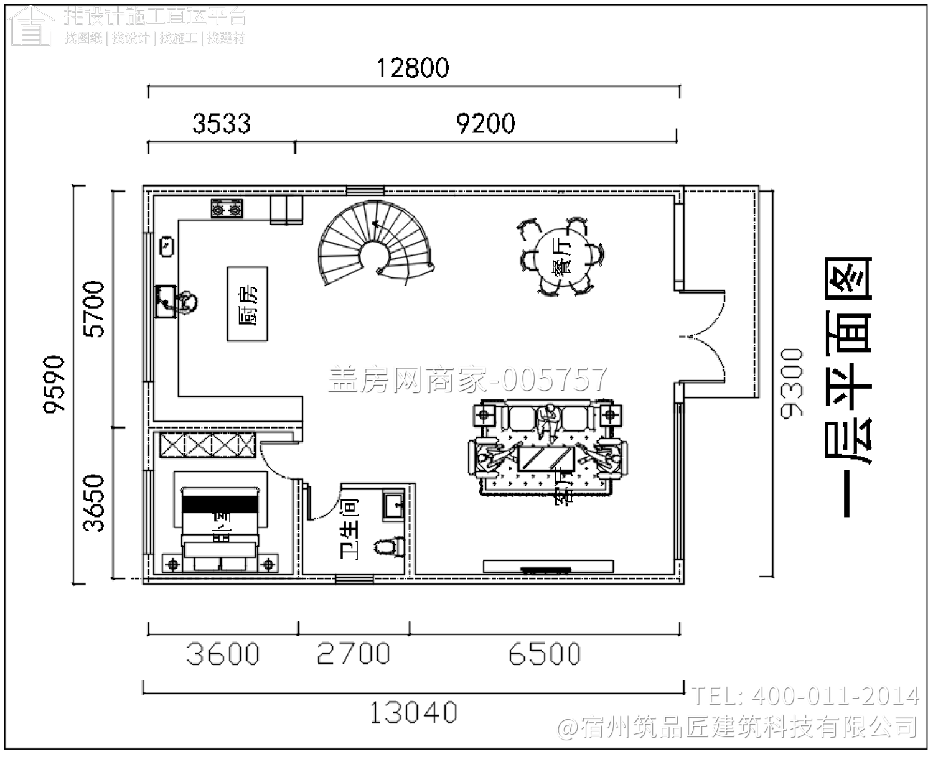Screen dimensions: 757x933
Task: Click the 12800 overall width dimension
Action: tap(413, 67)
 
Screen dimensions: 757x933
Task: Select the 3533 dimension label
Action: tap(221, 123)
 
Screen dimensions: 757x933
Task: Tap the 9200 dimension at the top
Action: tap(485, 123)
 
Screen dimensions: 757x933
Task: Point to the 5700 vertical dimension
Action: tap(95, 309)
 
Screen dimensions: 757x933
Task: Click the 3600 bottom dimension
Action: tap(222, 654)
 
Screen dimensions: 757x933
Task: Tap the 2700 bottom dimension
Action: tap(353, 654)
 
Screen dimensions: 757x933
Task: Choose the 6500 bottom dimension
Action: tap(544, 654)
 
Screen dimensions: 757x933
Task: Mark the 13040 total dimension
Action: tap(413, 712)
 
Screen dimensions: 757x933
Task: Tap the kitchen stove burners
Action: tap(227, 209)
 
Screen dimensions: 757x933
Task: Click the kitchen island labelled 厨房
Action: tap(248, 304)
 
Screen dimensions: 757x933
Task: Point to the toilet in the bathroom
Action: tap(391, 546)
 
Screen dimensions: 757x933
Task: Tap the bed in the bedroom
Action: tap(221, 526)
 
